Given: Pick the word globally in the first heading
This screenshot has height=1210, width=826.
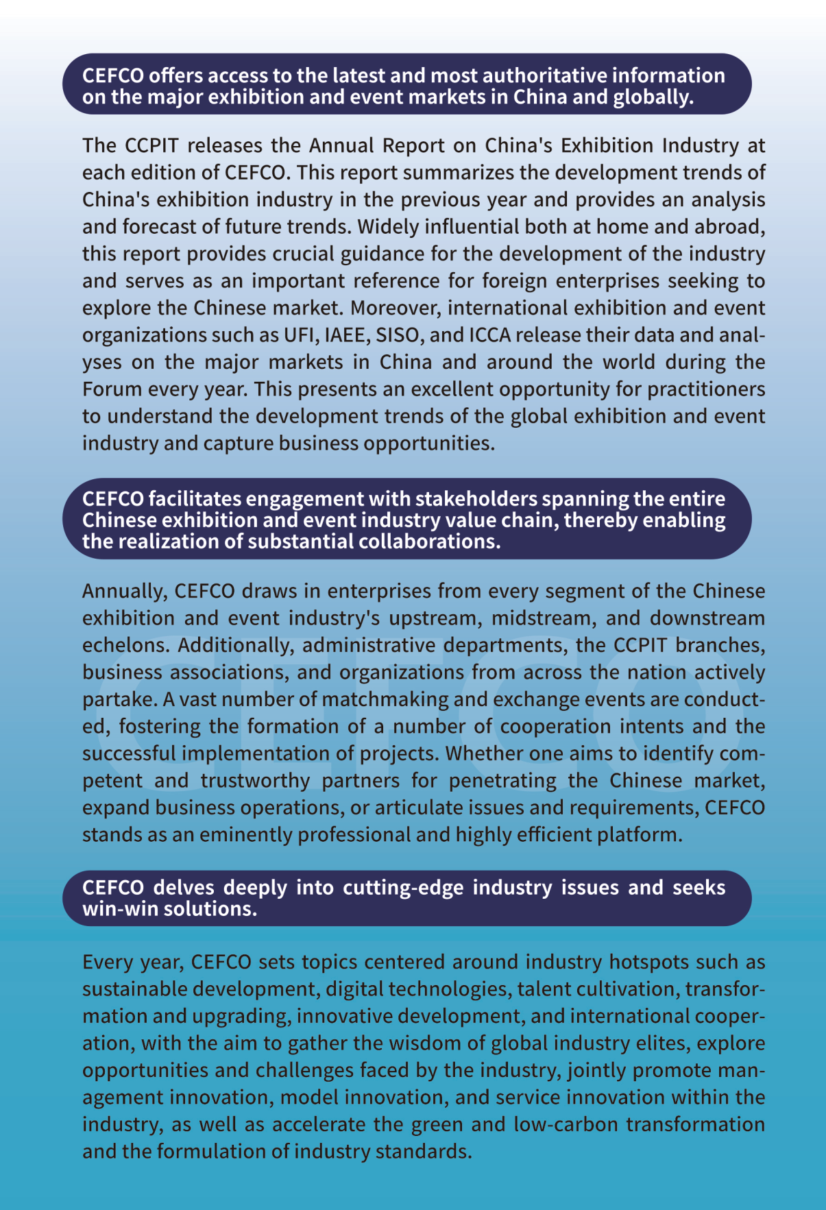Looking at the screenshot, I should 654,97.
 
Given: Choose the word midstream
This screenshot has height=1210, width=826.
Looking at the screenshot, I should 539,618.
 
